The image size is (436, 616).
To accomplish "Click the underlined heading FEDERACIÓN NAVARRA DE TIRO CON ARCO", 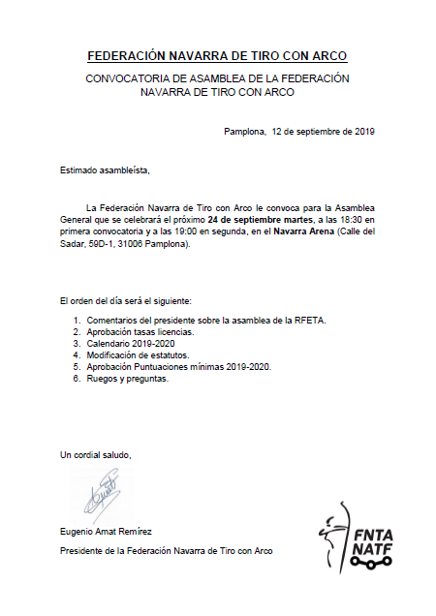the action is [x=217, y=56].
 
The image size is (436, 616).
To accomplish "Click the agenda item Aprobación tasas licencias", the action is [x=140, y=332].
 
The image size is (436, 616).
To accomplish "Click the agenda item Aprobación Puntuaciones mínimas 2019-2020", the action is [x=178, y=367].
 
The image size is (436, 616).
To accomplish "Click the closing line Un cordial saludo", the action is [x=95, y=455].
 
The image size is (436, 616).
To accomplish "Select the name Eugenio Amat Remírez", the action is [x=108, y=533].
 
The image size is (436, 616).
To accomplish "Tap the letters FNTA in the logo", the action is [x=367, y=534].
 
